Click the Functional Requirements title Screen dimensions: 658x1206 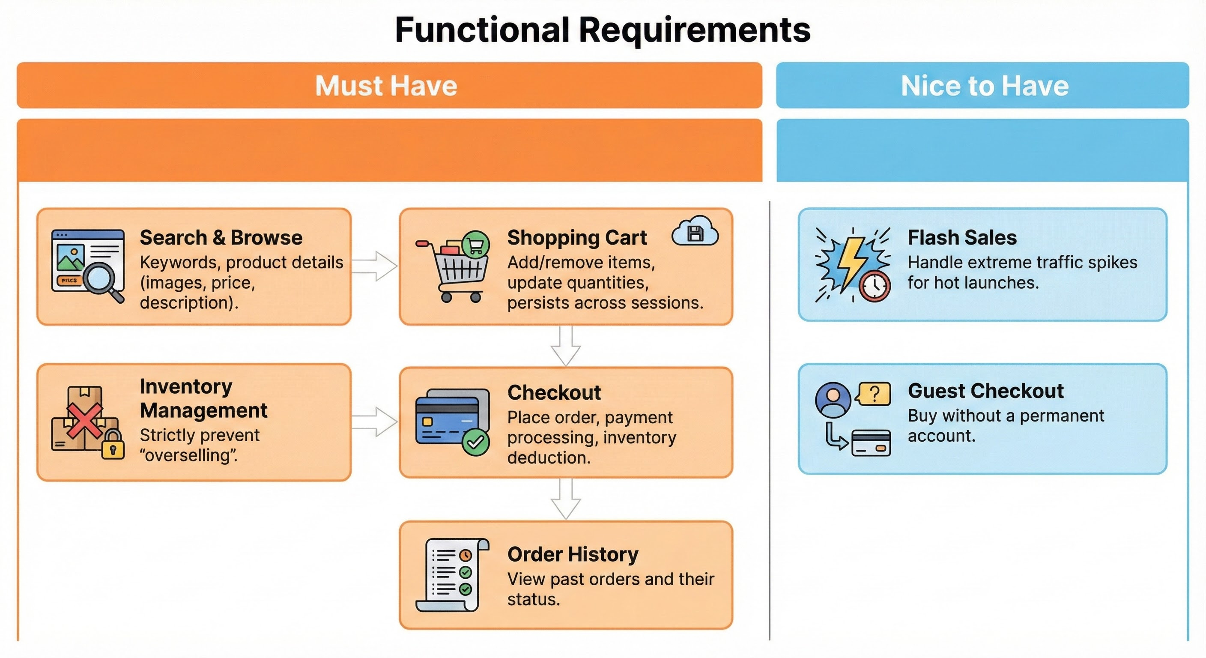pos(603,30)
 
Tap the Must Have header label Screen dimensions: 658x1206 pos(386,86)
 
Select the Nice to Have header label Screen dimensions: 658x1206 pos(985,86)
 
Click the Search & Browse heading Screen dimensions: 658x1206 pos(221,237)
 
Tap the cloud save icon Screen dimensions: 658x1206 pos(695,231)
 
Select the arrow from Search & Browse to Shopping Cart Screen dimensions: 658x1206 pos(375,266)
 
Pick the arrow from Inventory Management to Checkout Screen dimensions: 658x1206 pos(375,422)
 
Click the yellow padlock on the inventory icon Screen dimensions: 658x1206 pos(113,445)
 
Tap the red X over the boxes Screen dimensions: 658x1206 pos(84,421)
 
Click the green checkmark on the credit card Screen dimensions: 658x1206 pos(476,442)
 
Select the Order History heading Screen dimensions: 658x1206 pos(573,554)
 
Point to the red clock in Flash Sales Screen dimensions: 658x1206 pos(874,286)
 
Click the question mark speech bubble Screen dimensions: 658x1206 pos(874,394)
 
